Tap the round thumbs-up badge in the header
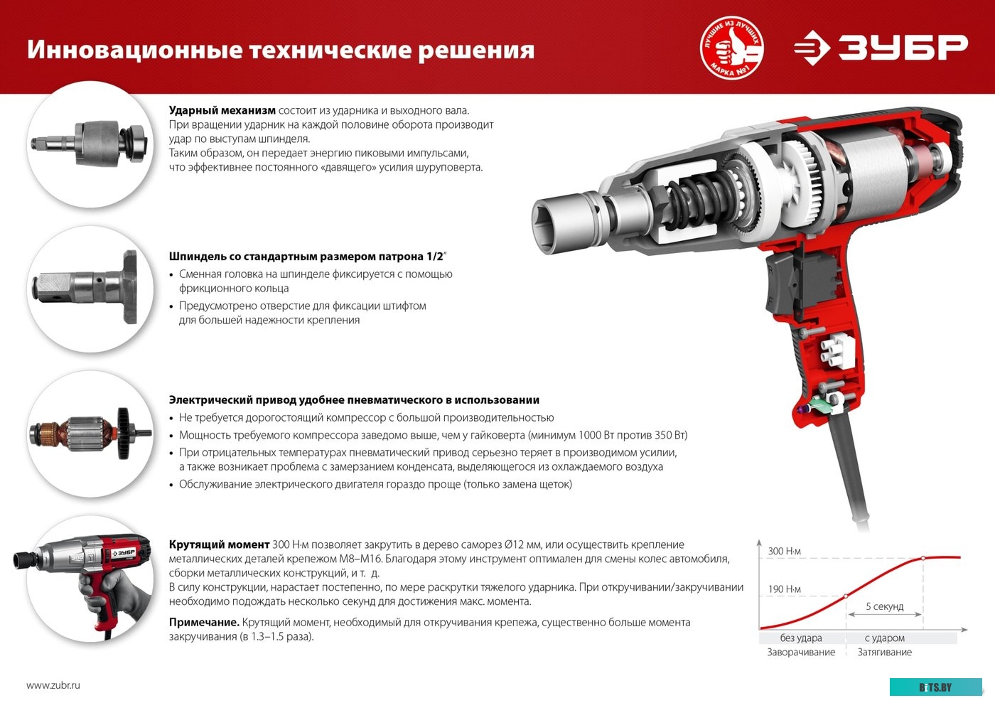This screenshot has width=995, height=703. [x=731, y=48]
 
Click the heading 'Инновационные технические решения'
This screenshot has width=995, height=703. [x=281, y=50]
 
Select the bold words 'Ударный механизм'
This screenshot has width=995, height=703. [x=222, y=110]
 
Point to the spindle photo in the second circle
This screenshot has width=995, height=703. [x=91, y=289]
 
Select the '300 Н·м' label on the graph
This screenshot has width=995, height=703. [x=784, y=551]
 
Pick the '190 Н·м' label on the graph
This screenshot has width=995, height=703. [x=784, y=589]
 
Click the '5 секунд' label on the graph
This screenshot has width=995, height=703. [x=884, y=606]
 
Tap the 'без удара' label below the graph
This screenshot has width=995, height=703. [x=801, y=638]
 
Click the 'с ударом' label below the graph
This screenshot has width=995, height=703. [x=884, y=638]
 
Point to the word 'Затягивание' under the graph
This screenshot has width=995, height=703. [x=884, y=652]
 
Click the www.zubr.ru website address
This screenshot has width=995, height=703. [x=53, y=685]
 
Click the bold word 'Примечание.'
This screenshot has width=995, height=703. [x=204, y=622]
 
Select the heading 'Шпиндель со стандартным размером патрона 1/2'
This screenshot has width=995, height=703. [x=306, y=257]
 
